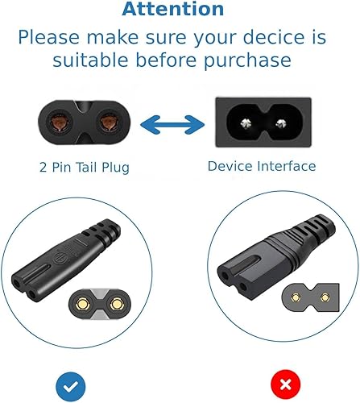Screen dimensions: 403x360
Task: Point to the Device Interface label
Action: (x=261, y=166)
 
